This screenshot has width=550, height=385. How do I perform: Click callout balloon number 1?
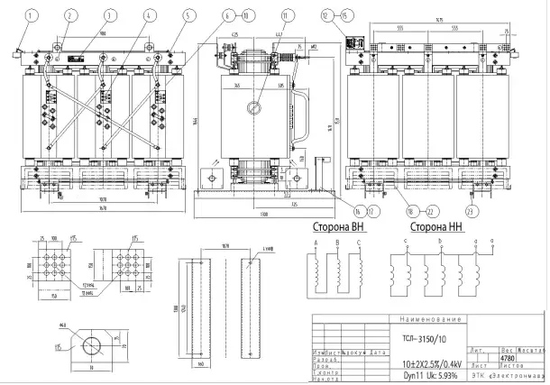pyautogui.click(x=33, y=14)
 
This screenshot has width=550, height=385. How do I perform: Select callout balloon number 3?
pyautogui.click(x=110, y=14)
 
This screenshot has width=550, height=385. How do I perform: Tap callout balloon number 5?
pyautogui.click(x=187, y=14)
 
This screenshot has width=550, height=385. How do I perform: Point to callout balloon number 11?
pyautogui.click(x=287, y=14)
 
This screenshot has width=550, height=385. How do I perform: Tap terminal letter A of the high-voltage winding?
pyautogui.click(x=316, y=244)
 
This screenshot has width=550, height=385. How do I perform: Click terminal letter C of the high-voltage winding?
pyautogui.click(x=358, y=244)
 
